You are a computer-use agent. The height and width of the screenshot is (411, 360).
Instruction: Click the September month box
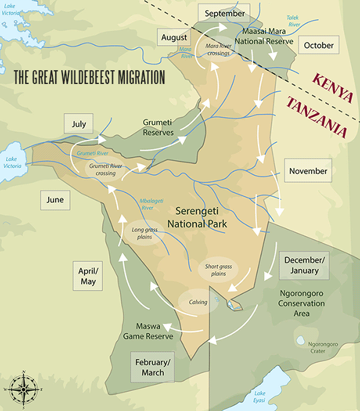click(224, 14)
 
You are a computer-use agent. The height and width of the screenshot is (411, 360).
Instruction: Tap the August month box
click(175, 38)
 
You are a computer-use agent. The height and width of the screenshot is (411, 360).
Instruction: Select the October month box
click(318, 45)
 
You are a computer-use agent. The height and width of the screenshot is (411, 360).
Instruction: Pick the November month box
click(308, 171)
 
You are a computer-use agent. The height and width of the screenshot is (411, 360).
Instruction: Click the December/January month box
click(304, 265)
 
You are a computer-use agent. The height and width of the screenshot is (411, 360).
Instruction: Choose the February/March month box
click(153, 368)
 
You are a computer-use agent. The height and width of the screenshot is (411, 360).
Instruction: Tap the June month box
click(55, 200)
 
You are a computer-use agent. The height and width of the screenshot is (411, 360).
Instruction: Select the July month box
click(79, 125)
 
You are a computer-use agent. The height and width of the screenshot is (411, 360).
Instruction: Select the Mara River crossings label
click(218, 49)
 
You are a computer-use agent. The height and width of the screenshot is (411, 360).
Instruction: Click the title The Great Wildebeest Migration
click(89, 77)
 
